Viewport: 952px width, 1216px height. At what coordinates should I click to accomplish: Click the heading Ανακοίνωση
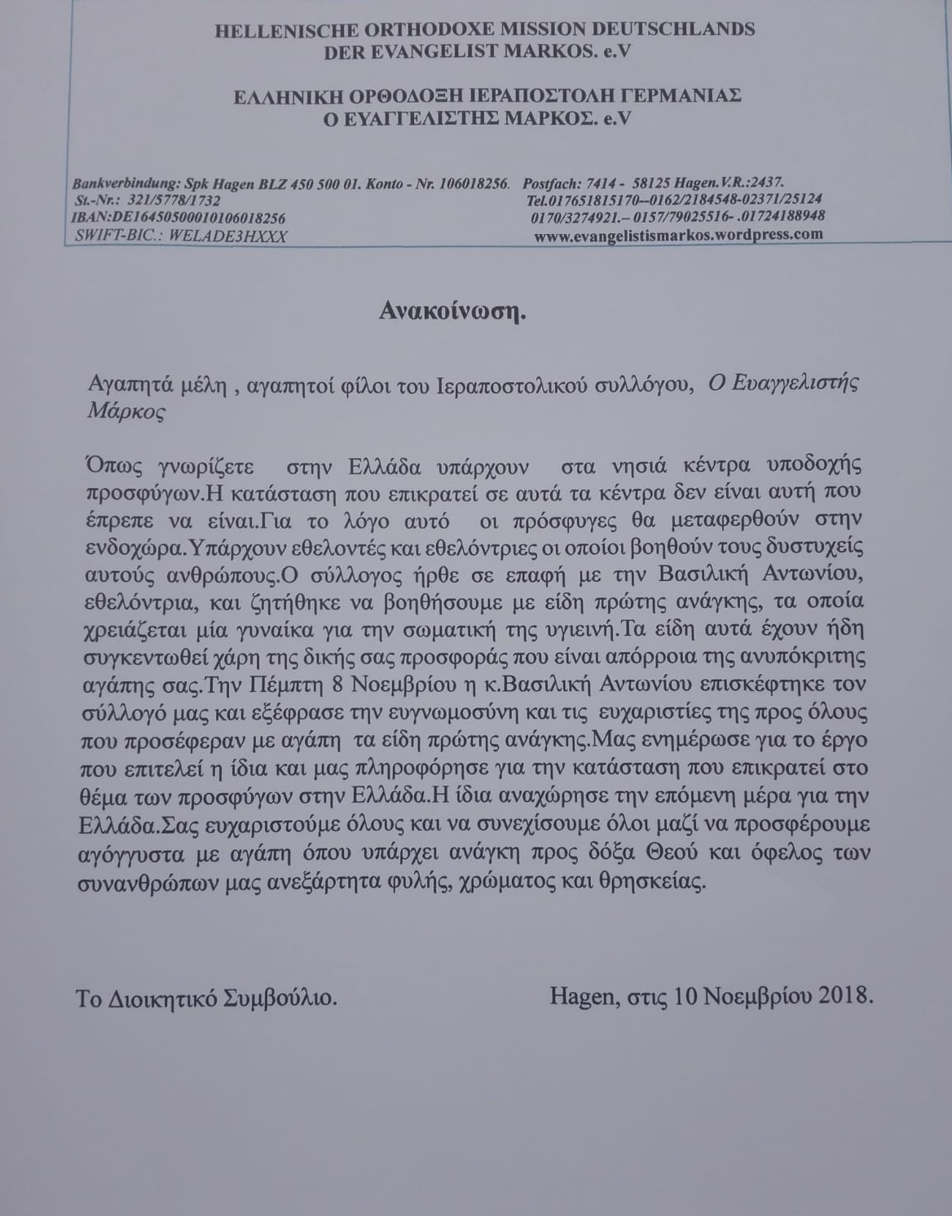click(x=452, y=311)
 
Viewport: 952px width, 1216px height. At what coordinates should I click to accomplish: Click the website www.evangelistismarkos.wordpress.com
click(x=678, y=235)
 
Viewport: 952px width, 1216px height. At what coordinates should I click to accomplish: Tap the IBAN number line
click(x=178, y=218)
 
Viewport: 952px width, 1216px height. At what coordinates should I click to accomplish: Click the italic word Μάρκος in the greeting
click(x=126, y=412)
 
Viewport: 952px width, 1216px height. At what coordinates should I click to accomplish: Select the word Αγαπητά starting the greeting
click(x=120, y=385)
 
